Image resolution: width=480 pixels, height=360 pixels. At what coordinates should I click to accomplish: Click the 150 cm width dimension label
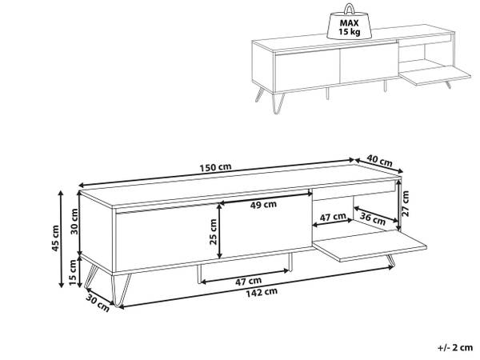click(215, 167)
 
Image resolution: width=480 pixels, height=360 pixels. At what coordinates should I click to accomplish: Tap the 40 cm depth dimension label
click(379, 161)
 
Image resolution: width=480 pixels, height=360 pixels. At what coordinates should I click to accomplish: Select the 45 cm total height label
click(55, 238)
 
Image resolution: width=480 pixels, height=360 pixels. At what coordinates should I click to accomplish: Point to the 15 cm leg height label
click(73, 272)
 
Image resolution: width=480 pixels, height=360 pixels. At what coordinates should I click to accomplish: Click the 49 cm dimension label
click(263, 205)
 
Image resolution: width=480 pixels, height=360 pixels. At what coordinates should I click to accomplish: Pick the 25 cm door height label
click(213, 232)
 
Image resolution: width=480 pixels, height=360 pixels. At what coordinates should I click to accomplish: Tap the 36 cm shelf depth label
click(373, 218)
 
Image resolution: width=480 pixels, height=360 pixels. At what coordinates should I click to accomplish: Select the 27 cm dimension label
click(406, 203)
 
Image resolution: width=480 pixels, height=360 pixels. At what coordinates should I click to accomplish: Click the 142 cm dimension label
click(262, 292)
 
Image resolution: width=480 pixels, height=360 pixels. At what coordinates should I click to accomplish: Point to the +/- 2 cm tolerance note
click(455, 347)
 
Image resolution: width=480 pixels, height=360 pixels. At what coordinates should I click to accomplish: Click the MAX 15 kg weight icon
click(349, 22)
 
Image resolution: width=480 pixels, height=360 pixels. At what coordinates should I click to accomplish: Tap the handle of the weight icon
click(349, 9)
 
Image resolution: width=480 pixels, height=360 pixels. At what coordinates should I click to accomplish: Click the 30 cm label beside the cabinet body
click(74, 221)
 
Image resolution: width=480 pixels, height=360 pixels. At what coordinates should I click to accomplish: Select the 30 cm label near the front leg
click(98, 302)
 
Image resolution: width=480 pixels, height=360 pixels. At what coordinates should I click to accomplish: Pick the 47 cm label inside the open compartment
click(333, 217)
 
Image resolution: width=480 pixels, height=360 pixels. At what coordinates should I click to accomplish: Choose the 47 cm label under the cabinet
click(248, 281)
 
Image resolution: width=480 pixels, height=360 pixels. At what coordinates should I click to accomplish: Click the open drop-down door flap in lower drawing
click(370, 246)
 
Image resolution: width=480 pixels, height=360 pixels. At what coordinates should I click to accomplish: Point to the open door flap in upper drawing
click(434, 76)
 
